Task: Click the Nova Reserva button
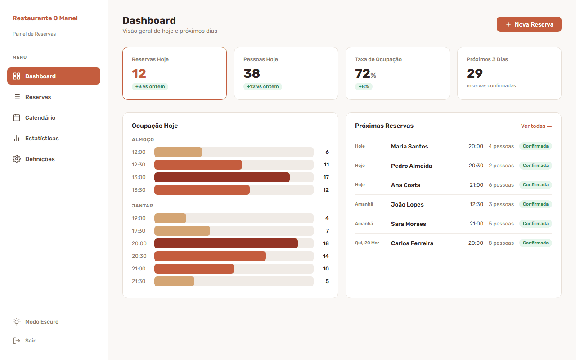(529, 24)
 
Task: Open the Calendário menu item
(40, 118)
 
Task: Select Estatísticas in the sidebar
(42, 139)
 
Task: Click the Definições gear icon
(17, 159)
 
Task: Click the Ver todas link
(536, 126)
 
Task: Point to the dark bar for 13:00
(222, 177)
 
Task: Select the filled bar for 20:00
(226, 243)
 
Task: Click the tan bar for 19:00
(170, 218)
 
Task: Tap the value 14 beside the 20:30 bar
(326, 256)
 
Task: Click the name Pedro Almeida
(411, 166)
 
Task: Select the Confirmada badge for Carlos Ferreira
(535, 243)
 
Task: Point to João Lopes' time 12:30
(476, 204)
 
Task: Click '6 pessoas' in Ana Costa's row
(501, 185)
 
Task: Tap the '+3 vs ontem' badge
(150, 87)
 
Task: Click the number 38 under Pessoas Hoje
(252, 73)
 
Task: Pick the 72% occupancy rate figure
(365, 73)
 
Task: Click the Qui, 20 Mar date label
(367, 243)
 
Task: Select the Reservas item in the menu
(38, 97)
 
